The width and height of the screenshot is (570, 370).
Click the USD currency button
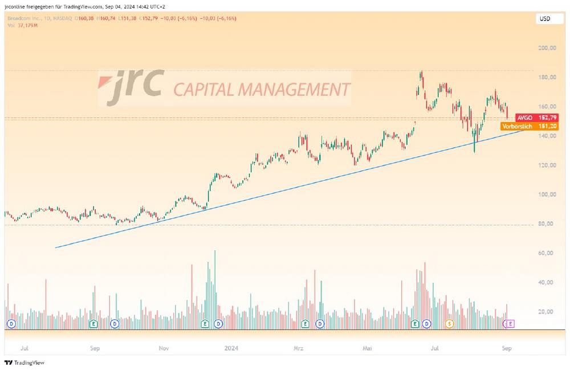pyautogui.click(x=544, y=19)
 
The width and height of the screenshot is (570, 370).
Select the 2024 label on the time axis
pyautogui.click(x=231, y=347)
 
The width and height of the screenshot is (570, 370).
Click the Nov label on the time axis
pyautogui.click(x=164, y=347)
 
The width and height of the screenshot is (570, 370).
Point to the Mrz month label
pyautogui.click(x=299, y=347)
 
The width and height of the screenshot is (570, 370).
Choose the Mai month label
pyautogui.click(x=368, y=347)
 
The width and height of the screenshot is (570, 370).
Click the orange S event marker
pyautogui.click(x=449, y=324)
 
